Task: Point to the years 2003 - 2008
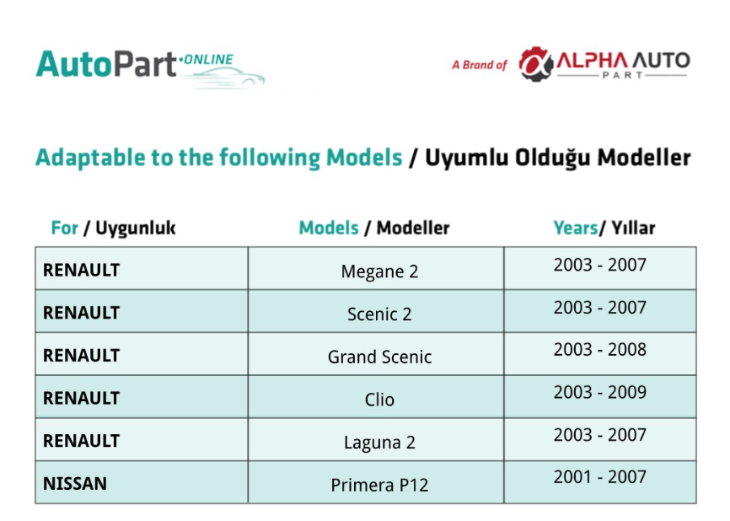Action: [599, 350]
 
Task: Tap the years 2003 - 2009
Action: [599, 393]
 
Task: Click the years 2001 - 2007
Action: [599, 477]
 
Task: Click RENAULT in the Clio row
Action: [82, 399]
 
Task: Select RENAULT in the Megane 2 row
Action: [82, 271]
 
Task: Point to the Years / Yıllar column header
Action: [604, 228]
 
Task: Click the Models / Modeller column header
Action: [373, 228]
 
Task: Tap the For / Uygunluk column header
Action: [113, 228]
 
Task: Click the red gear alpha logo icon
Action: [536, 64]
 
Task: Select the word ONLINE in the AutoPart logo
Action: [208, 60]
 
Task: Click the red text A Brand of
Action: [479, 65]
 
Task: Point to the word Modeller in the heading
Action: [644, 158]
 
